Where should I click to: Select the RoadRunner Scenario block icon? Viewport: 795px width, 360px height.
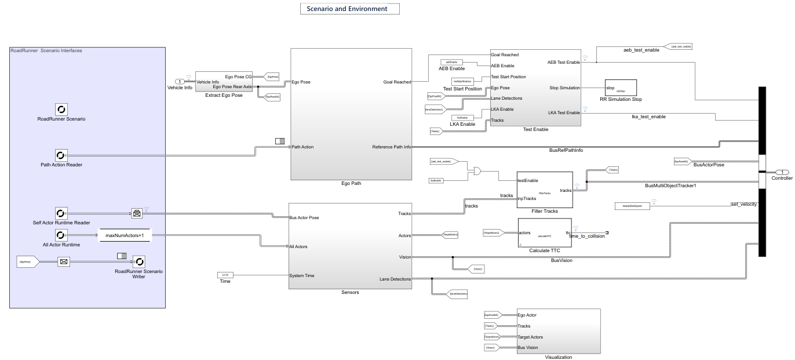61,109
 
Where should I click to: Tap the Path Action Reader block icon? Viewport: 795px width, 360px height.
61,155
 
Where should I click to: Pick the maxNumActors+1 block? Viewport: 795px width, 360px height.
125,235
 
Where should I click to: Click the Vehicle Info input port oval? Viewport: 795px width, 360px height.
180,82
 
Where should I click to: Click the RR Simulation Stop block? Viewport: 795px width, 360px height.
621,88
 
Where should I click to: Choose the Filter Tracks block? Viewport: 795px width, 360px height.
544,189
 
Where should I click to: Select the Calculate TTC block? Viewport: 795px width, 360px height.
544,232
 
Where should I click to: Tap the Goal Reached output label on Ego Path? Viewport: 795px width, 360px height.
397,82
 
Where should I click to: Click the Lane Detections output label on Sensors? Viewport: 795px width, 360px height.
395,279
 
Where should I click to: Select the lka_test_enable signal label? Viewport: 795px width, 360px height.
648,117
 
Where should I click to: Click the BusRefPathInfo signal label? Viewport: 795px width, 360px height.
566,150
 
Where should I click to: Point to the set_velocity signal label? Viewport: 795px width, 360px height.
744,203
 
